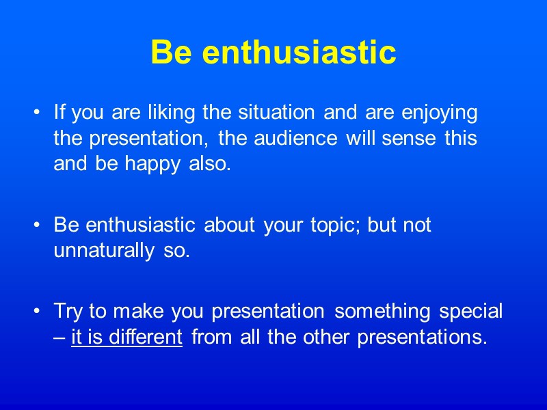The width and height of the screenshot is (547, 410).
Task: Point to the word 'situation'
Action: pyautogui.click(x=281, y=111)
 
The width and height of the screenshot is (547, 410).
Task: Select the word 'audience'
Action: pyautogui.click(x=298, y=139)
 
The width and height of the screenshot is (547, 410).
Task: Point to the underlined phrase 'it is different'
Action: pyautogui.click(x=126, y=338)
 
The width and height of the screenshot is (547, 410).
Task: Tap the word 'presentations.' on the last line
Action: pyautogui.click(x=419, y=338)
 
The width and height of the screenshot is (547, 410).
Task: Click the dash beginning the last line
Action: pyautogui.click(x=59, y=338)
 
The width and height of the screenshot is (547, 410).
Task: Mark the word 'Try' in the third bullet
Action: pyautogui.click(x=67, y=312)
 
